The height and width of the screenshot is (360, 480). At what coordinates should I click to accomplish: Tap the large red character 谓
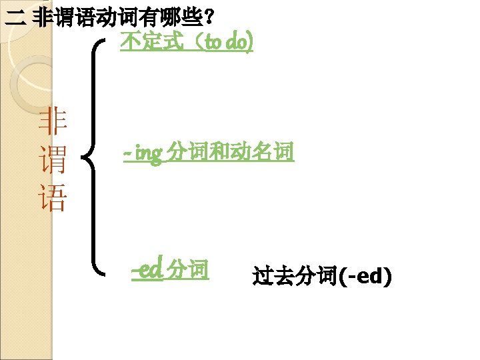(x=53, y=161)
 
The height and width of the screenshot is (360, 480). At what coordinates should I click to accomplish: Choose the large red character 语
(x=53, y=199)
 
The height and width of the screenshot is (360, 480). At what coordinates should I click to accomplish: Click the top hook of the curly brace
(x=101, y=42)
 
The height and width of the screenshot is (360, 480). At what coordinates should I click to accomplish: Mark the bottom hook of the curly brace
(x=101, y=272)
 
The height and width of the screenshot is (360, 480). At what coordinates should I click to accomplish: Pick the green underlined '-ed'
(x=147, y=270)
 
